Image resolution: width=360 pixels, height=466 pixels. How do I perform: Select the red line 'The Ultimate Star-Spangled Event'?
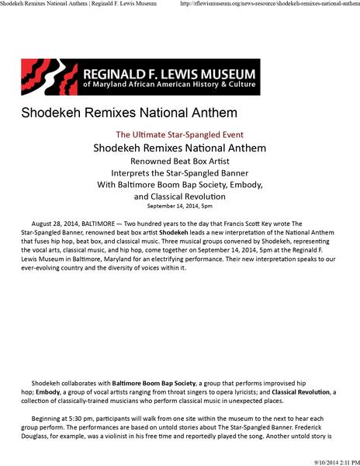(x=179, y=134)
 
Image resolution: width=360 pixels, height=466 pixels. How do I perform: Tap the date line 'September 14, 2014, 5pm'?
(x=179, y=207)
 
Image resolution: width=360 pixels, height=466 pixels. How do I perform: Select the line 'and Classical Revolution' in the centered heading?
(x=179, y=197)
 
